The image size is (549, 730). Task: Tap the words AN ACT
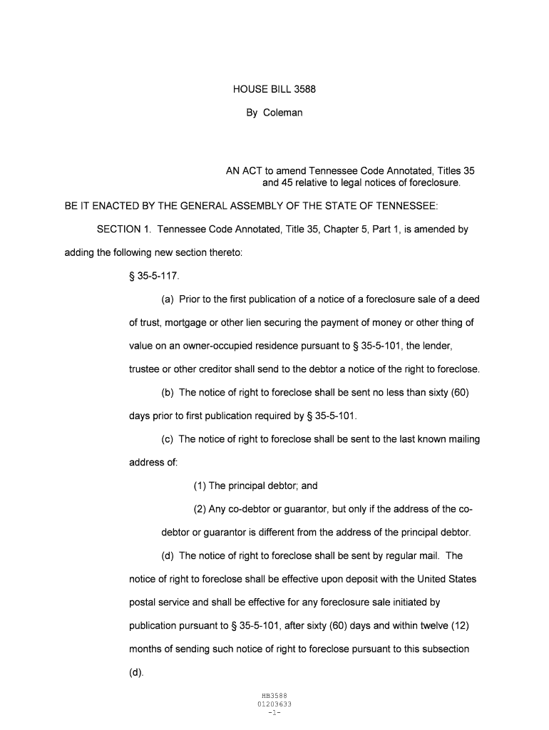(244, 171)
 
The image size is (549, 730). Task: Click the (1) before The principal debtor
(200, 486)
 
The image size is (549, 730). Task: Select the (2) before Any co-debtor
(200, 509)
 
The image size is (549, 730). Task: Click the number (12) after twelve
(459, 625)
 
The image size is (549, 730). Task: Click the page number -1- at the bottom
(274, 712)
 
